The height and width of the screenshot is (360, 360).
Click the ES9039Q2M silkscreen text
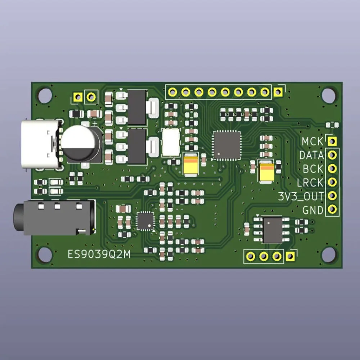coord(99,255)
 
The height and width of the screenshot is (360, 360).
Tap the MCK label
coord(312,141)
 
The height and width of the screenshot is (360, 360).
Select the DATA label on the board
coord(311,156)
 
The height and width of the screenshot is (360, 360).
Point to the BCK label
coord(313,169)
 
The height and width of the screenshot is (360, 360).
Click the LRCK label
coord(310,183)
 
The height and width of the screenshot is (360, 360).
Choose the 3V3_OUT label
coord(301,197)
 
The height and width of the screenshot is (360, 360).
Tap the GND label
coord(313,210)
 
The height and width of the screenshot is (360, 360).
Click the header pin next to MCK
coord(332,141)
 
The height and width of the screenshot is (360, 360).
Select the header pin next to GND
coord(332,209)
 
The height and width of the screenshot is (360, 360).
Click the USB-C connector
coord(41,145)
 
